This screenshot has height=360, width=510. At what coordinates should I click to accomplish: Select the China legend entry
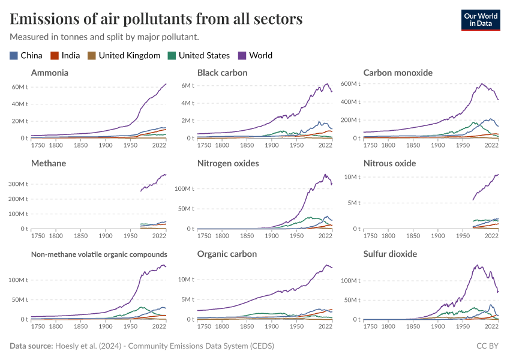point(26,55)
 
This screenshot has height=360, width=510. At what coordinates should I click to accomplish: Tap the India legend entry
point(66,55)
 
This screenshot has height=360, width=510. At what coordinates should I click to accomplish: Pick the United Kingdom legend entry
point(124,55)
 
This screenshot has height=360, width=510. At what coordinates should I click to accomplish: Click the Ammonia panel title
point(50,73)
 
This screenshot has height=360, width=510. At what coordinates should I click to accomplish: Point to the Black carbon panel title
point(223,73)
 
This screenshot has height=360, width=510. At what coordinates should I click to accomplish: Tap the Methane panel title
point(49,163)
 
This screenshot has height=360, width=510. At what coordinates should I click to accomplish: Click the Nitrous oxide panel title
point(389,163)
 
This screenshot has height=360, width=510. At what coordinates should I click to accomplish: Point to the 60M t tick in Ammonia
point(20,87)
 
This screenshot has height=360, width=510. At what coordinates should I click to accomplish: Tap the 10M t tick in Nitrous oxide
point(352,177)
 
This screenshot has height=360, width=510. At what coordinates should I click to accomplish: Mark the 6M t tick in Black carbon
point(188,85)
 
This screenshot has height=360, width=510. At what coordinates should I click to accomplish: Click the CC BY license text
point(488,346)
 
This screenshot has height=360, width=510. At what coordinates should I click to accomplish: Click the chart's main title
point(156,19)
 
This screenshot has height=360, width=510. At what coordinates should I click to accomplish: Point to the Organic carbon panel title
point(227,254)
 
